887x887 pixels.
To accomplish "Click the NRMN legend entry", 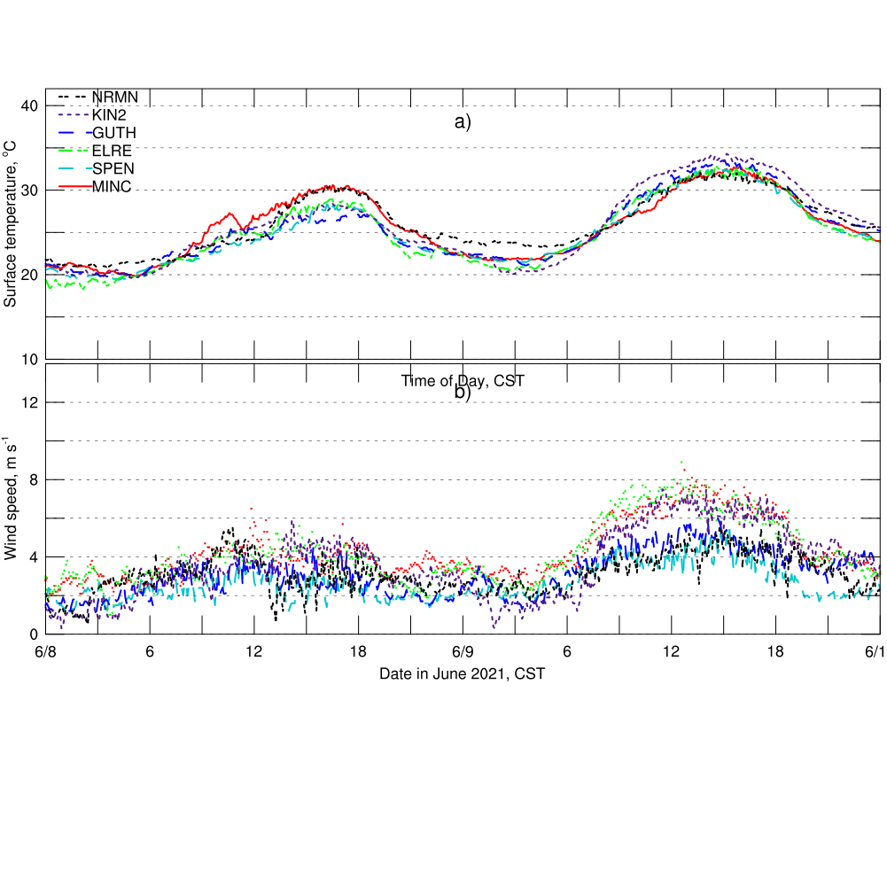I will coord(114,97).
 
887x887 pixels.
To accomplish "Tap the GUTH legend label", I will coord(114,133).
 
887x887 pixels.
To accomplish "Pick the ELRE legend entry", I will coord(112,151).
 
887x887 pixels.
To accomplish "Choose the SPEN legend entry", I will coord(113,168).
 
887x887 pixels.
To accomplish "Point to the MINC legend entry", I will coord(112,186).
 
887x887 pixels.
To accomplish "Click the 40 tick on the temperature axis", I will coord(29,106).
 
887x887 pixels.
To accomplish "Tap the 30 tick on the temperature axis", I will coord(29,191).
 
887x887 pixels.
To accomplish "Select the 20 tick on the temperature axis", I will coord(29,275).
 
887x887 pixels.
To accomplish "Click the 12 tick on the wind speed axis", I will coord(29,402).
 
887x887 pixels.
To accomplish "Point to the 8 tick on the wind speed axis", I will coord(33,479).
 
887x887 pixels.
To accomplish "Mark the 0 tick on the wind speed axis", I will coord(33,634).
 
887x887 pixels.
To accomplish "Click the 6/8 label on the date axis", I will coord(46,652).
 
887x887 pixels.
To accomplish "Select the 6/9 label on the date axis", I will coord(463,652).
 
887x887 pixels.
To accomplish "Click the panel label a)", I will coord(463,122).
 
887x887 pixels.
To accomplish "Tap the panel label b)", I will coord(463,393).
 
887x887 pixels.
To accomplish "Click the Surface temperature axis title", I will coord(11,229).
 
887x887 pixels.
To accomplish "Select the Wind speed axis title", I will coord(11,498).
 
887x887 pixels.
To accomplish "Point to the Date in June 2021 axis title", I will coord(462,674).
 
